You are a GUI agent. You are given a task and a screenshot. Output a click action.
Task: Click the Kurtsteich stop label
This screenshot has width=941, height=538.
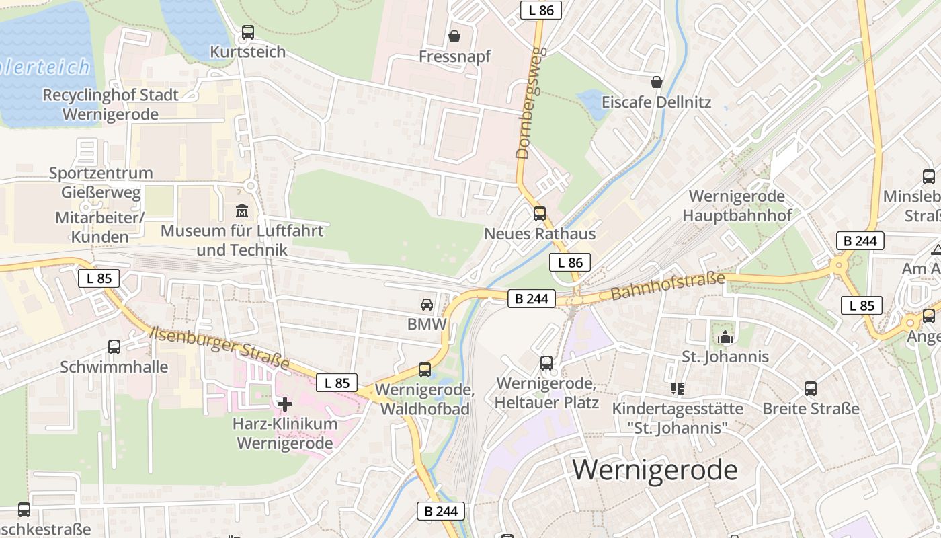coord(247,52)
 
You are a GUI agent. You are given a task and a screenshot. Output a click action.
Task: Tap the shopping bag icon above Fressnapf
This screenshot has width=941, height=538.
coord(454,36)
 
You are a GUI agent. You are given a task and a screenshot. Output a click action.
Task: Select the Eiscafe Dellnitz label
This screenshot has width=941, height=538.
coord(656,103)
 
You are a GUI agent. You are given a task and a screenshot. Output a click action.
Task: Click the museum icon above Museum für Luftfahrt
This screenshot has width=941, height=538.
coord(242,211)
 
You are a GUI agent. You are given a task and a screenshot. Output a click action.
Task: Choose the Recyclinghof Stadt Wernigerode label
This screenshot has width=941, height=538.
coord(110,104)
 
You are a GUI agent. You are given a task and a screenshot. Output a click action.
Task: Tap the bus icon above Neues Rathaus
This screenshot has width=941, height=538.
coord(540,214)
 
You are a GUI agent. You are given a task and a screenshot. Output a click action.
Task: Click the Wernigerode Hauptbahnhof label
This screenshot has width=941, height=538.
coord(737,206)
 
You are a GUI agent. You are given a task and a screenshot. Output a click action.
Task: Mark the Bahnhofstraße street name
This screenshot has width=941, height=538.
coord(667,286)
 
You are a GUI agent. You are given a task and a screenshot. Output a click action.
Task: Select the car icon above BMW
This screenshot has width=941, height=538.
coord(427,305)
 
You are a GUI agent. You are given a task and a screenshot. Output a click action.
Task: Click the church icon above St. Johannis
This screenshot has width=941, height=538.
coord(725,337)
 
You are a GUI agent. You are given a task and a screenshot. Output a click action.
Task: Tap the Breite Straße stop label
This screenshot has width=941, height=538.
coord(811,408)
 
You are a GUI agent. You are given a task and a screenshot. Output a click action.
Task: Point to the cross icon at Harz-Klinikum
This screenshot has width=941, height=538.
coord(285,404)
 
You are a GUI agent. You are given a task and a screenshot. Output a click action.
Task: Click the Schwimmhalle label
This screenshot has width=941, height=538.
coord(114,367)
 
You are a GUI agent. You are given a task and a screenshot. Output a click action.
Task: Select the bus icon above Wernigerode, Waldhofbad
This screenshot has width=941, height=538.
coord(425,369)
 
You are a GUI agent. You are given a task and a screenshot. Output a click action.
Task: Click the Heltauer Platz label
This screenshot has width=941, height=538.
coord(546,403)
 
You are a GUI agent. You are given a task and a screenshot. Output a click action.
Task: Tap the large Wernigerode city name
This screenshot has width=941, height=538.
coord(655,469)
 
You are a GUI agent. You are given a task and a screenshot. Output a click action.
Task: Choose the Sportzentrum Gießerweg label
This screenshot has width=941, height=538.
coord(101,183)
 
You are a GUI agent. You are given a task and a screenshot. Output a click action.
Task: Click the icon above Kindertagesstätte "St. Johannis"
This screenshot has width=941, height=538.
coord(677,389)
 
